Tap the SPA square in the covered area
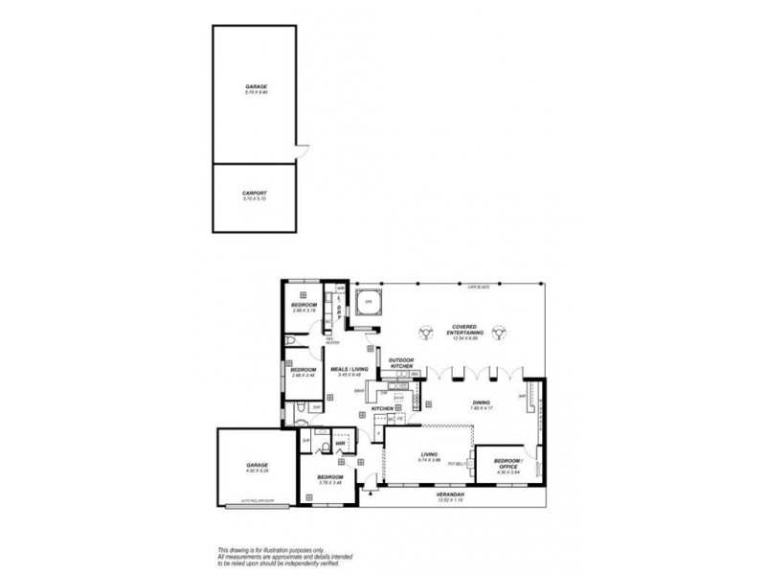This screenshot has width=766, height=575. pyautogui.click(x=366, y=304)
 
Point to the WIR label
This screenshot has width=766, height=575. pyautogui.click(x=339, y=442)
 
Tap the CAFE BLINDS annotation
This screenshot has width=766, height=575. pyautogui.click(x=479, y=286)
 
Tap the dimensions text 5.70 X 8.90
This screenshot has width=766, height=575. pyautogui.click(x=254, y=92)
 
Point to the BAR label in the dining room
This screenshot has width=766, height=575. pyautogui.click(x=523, y=396)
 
